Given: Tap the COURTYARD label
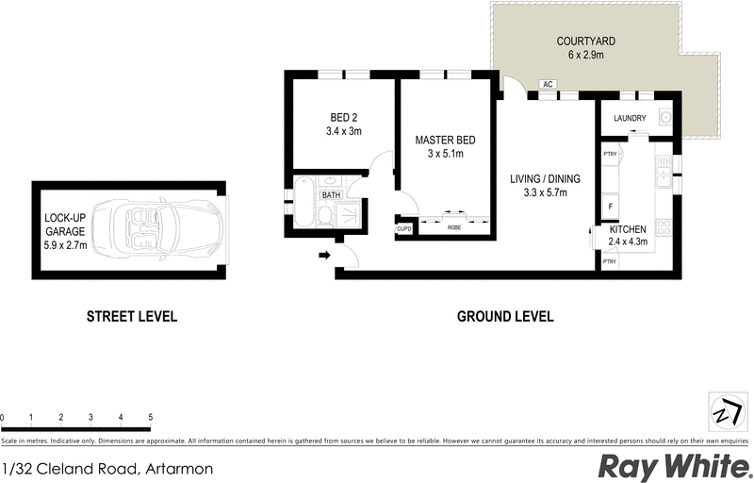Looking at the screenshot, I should click(x=585, y=42).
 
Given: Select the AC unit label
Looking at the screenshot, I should click(x=548, y=84).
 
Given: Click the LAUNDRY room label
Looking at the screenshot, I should click(x=629, y=118).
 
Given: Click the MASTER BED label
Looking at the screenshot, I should click(x=445, y=141).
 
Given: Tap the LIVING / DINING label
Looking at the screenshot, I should click(x=545, y=179).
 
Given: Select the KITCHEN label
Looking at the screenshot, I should click(x=627, y=229).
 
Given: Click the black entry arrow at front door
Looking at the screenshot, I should click(x=326, y=254).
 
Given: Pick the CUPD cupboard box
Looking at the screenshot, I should click(x=404, y=228).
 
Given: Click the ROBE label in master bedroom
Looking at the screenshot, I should click(x=453, y=227).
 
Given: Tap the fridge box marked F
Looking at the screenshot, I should click(x=611, y=206).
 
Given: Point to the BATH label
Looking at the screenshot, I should click(x=331, y=195).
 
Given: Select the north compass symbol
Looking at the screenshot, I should click(x=724, y=412).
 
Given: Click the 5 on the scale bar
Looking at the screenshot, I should click(x=150, y=416).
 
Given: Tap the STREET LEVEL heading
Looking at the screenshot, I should click(x=131, y=317).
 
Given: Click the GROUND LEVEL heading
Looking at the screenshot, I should click(x=505, y=317).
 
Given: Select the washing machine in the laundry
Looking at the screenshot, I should click(x=666, y=118).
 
